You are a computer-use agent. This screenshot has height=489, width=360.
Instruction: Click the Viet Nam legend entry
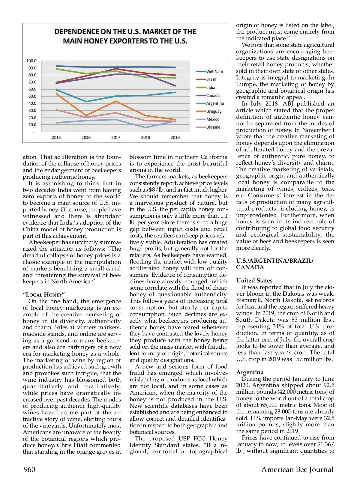[x=214, y=72]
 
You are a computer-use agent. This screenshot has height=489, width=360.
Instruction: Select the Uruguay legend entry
[x=214, y=112]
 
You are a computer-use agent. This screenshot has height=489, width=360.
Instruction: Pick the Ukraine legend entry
[x=213, y=127]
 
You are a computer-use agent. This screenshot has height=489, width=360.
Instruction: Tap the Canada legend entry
[x=213, y=96]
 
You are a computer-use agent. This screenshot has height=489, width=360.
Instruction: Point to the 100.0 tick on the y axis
[x=31, y=61]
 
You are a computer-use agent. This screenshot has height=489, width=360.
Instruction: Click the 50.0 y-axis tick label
[x=32, y=97]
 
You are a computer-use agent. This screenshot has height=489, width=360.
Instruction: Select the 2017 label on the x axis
[x=116, y=138]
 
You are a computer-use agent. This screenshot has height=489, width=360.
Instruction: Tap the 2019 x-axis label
[x=175, y=138]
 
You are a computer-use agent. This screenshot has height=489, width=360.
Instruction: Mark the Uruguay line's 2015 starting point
[x=56, y=94]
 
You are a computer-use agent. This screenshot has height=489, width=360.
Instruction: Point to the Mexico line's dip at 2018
[x=146, y=128]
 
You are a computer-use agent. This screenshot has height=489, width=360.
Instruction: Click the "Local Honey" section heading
[x=44, y=295]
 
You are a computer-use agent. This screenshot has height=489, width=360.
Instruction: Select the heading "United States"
[x=254, y=281]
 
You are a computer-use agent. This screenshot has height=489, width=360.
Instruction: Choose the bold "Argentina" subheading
[x=250, y=372]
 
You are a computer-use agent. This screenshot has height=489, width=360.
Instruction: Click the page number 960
[x=29, y=470]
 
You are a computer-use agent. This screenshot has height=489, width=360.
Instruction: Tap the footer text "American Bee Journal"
[x=297, y=470]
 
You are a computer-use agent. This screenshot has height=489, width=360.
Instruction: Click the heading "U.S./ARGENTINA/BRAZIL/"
[x=274, y=261]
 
